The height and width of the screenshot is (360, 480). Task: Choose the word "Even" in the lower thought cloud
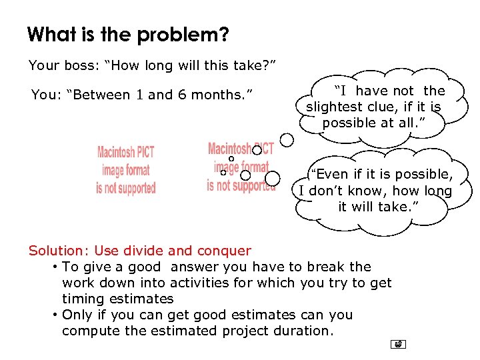[331, 175]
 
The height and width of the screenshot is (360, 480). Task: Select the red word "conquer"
[223, 251]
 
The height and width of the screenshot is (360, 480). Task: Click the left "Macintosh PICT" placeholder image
[126, 170]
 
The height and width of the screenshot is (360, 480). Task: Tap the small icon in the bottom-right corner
[398, 344]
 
